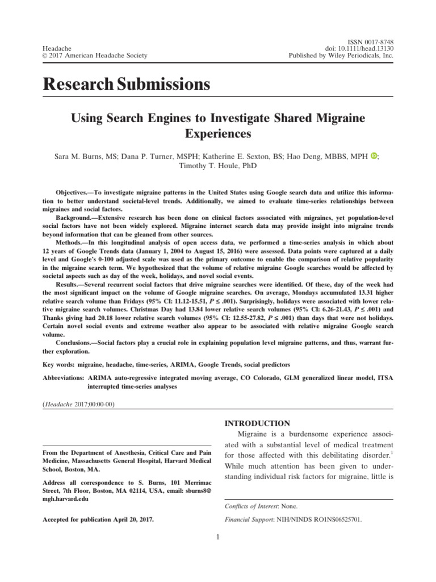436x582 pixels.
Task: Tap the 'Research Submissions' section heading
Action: coord(127,85)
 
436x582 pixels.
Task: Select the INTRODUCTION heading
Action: coord(258,423)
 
